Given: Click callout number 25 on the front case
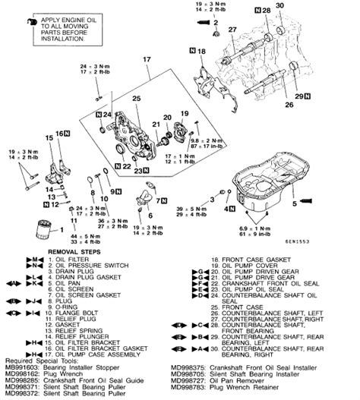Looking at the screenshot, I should pos(137,99).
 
